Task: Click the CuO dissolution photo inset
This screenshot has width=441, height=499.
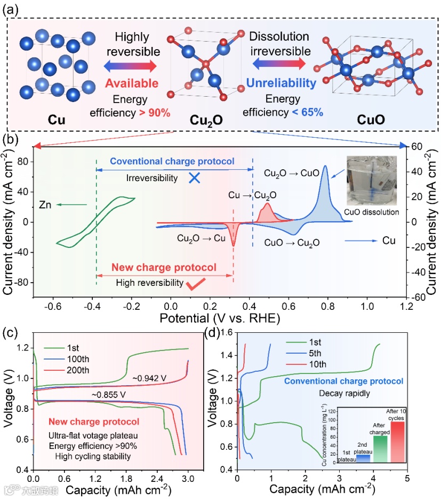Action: coord(371,181)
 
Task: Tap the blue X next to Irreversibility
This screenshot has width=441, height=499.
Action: coord(195,179)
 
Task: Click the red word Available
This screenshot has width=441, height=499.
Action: coord(132,83)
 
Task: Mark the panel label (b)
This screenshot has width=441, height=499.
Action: coord(10,140)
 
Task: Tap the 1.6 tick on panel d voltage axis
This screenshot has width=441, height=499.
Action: coord(227,332)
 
